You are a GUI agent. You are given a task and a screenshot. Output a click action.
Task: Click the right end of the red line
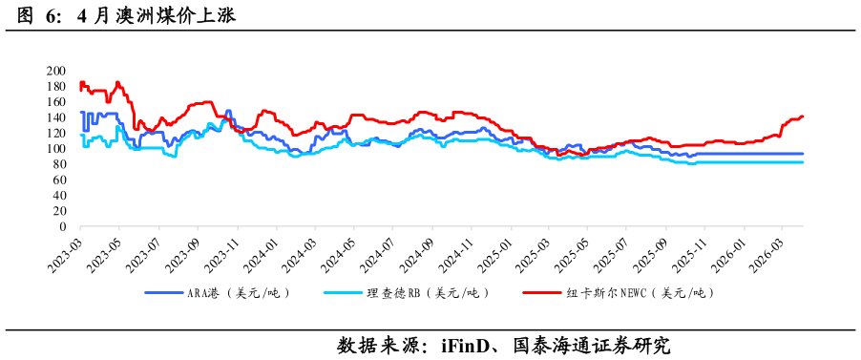tap(803, 116)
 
